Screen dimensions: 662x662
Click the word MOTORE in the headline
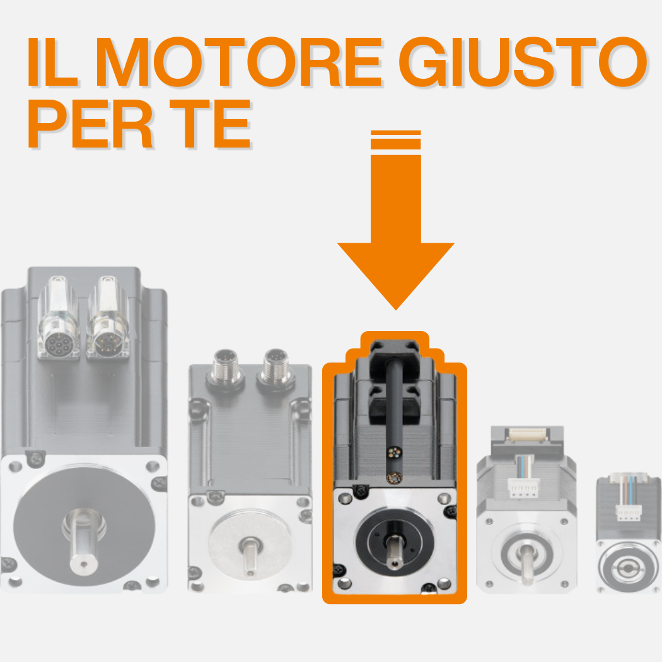[240, 62]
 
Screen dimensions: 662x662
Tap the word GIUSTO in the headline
[523, 62]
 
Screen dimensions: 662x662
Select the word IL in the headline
[53, 62]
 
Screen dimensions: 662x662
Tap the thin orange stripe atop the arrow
[395, 132]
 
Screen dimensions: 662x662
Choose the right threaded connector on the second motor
[276, 366]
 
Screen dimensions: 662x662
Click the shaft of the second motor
[251, 557]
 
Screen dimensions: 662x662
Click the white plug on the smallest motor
[629, 513]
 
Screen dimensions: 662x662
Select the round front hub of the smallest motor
[629, 568]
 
